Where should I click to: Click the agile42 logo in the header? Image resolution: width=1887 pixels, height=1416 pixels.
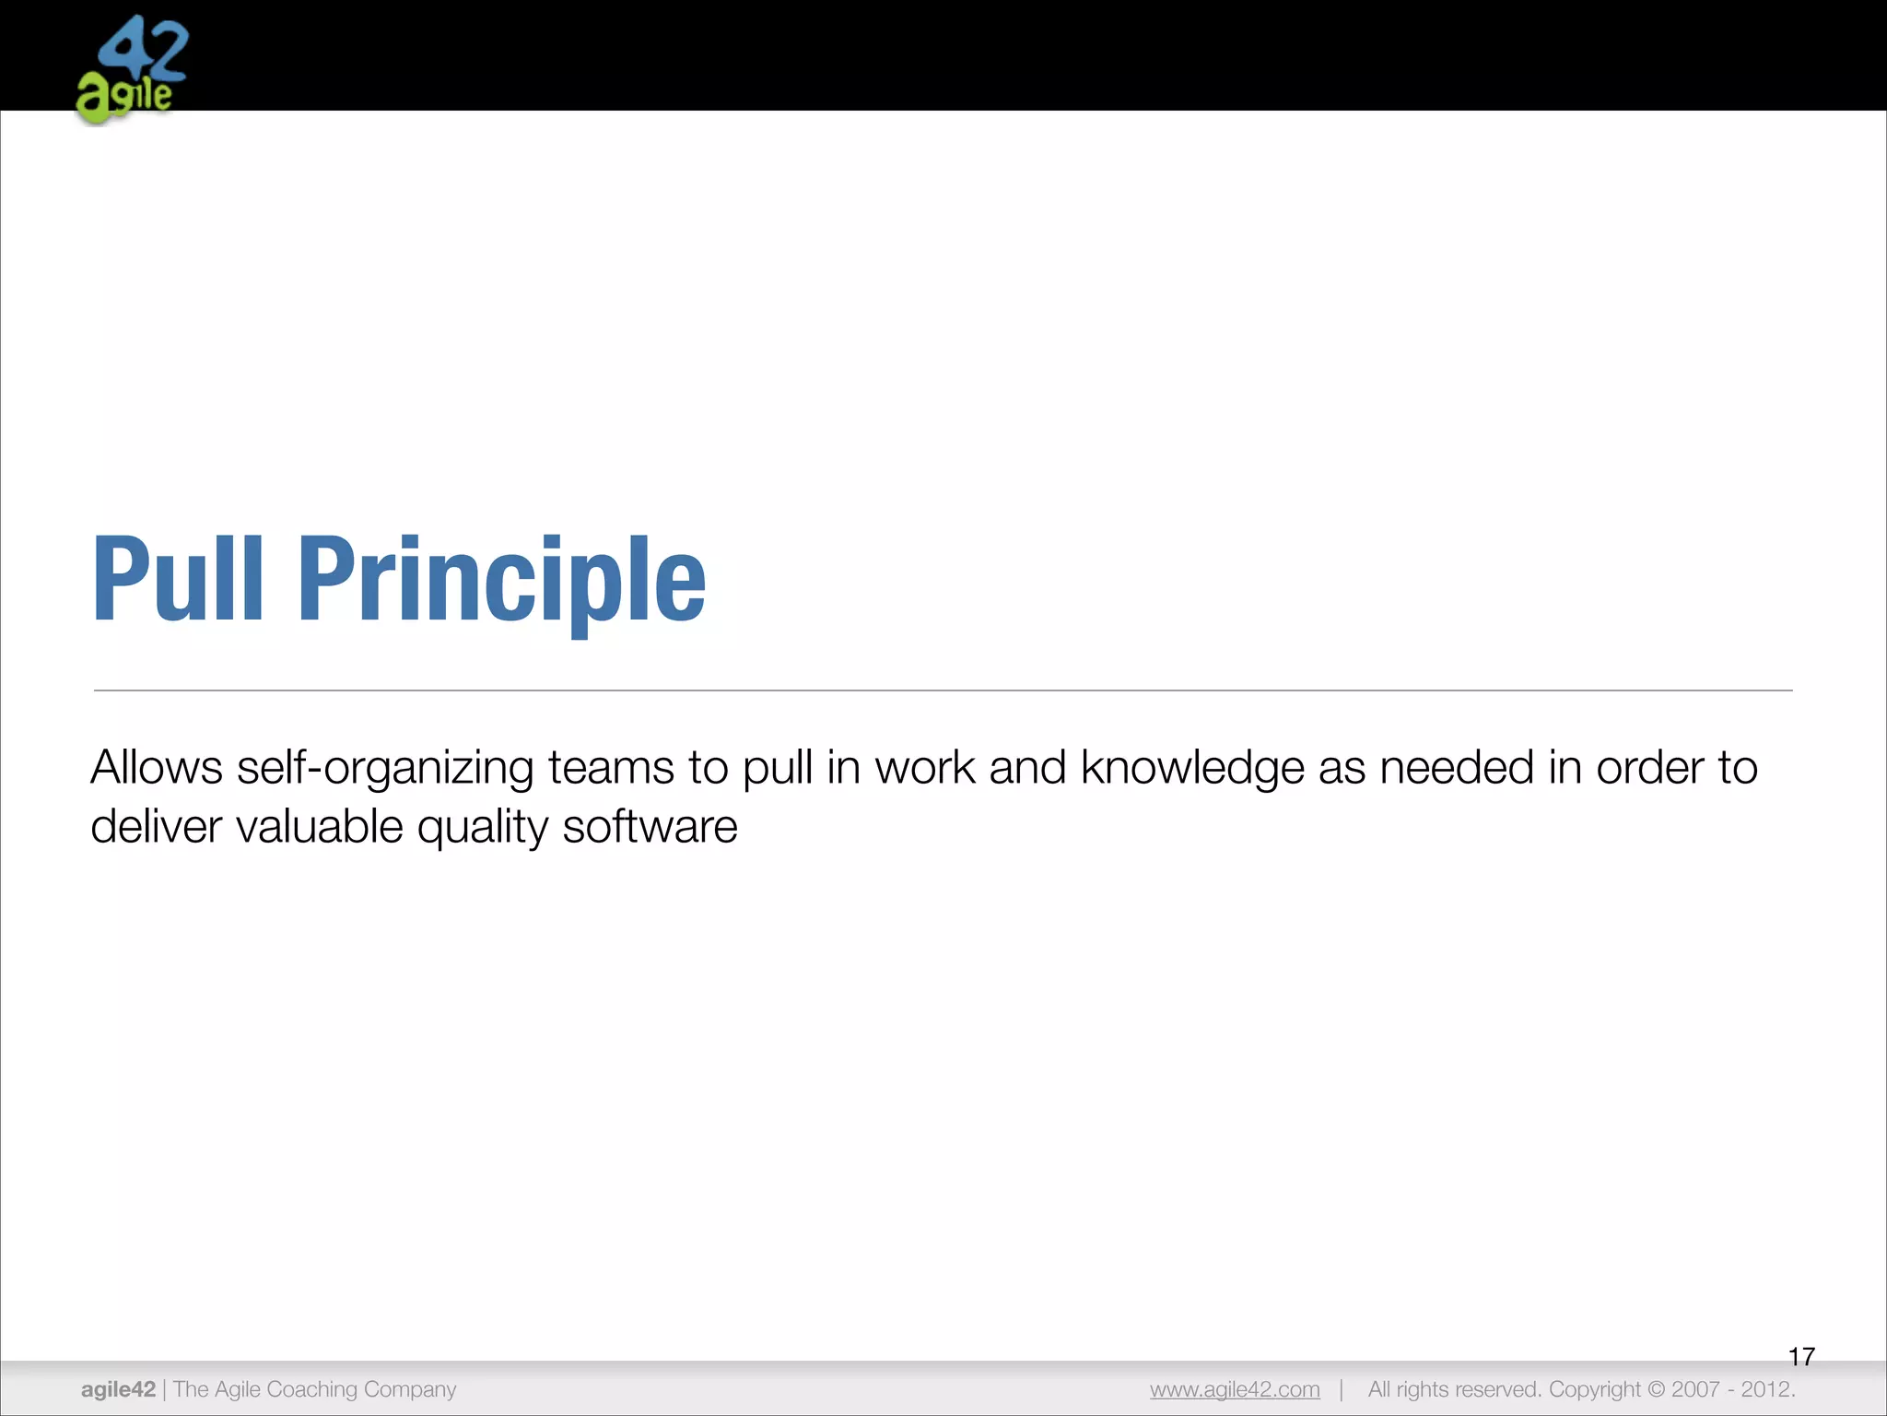(x=132, y=70)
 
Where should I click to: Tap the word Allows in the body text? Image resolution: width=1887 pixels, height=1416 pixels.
(x=157, y=768)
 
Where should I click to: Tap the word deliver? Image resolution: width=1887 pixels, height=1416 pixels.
(x=157, y=827)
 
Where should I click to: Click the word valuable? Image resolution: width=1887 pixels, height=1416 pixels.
(x=320, y=827)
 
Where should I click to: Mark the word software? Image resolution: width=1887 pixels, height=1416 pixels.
(x=650, y=827)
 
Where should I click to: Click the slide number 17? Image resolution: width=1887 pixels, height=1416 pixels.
(x=1801, y=1357)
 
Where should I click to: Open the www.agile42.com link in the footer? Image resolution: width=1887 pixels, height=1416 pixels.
(x=1235, y=1389)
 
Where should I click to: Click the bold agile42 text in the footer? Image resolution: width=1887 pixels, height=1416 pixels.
(x=118, y=1389)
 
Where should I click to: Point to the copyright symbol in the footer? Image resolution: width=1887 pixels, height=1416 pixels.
(x=1657, y=1389)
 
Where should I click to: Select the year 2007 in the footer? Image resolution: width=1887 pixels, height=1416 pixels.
(x=1696, y=1389)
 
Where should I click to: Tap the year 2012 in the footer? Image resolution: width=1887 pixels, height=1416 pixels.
(x=1767, y=1389)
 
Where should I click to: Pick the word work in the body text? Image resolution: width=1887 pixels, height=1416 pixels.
(x=925, y=768)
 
